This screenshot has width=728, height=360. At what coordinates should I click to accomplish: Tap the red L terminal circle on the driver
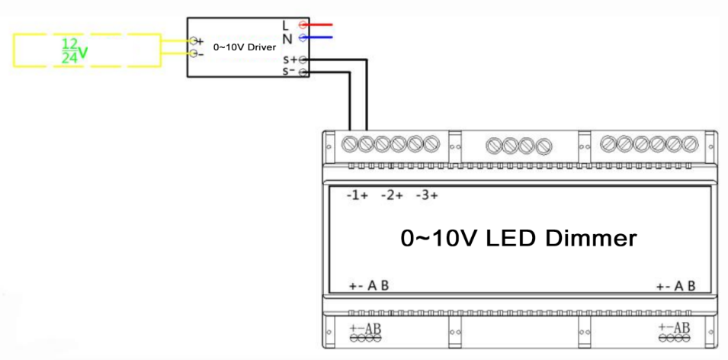point(303,24)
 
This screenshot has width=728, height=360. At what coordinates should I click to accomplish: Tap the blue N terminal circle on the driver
point(303,37)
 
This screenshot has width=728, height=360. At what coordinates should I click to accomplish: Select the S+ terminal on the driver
point(303,59)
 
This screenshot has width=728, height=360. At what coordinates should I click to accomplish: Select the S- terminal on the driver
point(303,72)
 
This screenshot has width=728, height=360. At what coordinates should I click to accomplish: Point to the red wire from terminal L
point(320,24)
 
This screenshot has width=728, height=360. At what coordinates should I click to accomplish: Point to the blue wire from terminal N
point(320,37)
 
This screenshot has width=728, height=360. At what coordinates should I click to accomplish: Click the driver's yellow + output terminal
point(194,40)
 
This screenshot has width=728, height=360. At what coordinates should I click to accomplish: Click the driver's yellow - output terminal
point(194,53)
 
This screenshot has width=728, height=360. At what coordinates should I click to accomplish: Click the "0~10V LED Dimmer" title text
point(518,238)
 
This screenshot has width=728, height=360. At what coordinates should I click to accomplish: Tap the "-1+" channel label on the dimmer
point(357,195)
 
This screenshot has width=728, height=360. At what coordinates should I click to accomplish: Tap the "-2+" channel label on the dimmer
point(392,195)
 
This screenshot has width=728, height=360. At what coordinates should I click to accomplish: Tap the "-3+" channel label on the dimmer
point(427,195)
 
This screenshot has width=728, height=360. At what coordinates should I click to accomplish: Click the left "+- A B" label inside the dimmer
point(369,287)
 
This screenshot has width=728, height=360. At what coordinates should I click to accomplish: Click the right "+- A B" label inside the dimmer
point(675,287)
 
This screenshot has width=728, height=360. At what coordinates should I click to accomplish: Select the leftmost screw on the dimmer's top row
point(351,143)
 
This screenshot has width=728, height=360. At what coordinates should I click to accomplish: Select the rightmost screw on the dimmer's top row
point(691,143)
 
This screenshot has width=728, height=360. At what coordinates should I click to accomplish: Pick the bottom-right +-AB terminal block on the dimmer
point(675,333)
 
